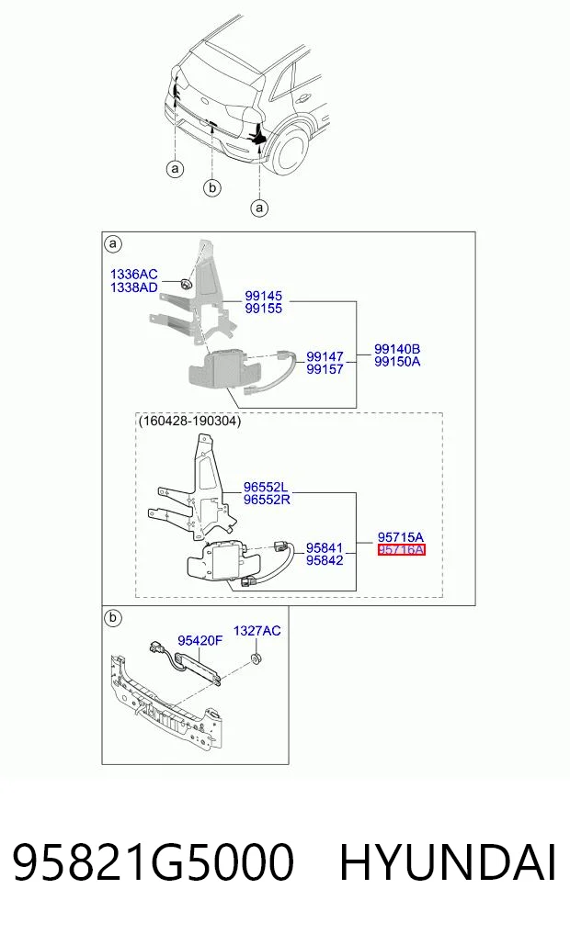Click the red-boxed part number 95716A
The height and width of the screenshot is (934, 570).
[401, 550]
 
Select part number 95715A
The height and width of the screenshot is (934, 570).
[401, 537]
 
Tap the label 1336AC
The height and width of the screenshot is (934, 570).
[134, 274]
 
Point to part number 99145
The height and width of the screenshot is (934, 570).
[264, 296]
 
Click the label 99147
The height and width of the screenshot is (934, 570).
[325, 356]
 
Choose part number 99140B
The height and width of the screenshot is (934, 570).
[397, 349]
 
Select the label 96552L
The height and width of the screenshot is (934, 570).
[266, 488]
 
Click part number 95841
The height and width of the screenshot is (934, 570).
[325, 548]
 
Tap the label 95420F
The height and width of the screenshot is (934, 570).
[199, 640]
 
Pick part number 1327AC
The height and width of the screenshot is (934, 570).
[257, 631]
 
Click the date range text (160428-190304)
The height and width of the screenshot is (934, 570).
[189, 422]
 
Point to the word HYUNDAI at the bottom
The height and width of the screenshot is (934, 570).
[448, 862]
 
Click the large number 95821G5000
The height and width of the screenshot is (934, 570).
[154, 862]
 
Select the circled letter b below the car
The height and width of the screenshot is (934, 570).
[212, 188]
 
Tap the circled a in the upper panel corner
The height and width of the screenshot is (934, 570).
[113, 243]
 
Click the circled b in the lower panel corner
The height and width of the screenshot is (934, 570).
[113, 618]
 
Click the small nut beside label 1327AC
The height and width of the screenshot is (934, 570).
[256, 658]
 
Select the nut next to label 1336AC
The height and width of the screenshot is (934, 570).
[186, 284]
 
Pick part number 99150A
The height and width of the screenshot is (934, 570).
[397, 362]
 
